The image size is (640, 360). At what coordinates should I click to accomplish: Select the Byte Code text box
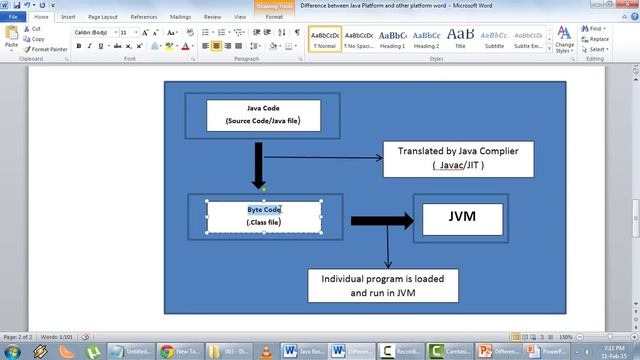point(264,216)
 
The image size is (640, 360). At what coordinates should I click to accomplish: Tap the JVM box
point(462,216)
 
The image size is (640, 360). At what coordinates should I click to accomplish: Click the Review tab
point(213,17)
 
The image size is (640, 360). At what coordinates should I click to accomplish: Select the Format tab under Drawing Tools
point(274,17)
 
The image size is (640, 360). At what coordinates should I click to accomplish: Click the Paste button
point(11,39)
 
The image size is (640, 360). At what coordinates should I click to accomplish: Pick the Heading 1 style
point(392,37)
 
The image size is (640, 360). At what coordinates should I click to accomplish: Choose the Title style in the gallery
point(460,37)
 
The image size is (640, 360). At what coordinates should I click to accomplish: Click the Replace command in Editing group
point(598,39)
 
